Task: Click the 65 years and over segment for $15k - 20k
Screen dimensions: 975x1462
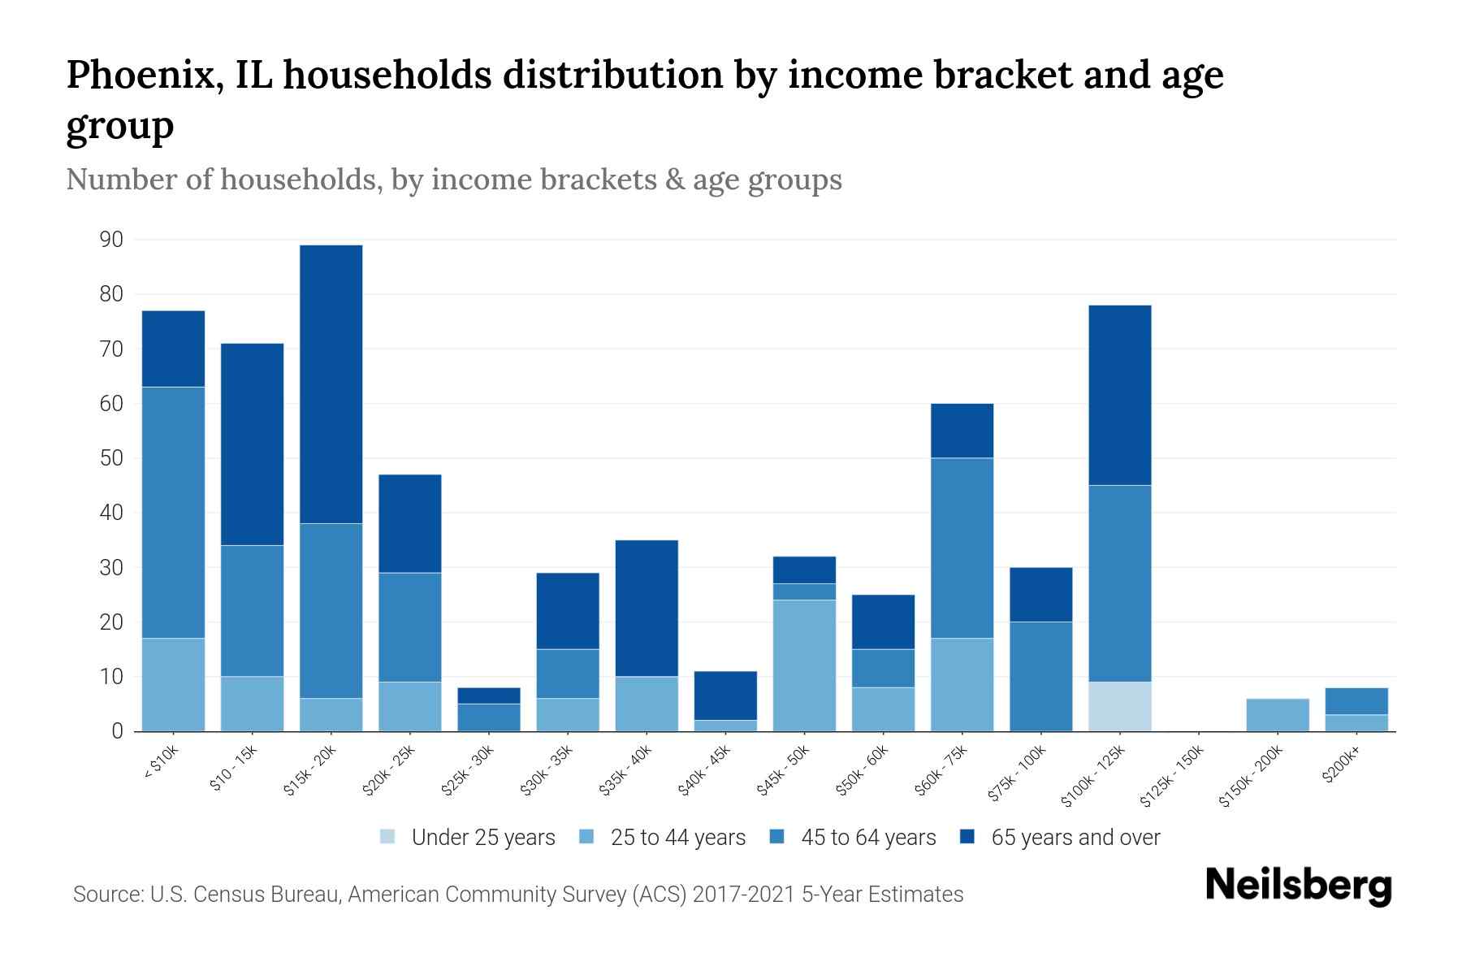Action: point(331,384)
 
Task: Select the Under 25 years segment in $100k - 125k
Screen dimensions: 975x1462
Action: point(1120,706)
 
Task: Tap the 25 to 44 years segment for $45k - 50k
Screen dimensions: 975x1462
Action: point(804,665)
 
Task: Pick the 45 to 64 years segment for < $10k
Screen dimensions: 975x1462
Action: point(173,513)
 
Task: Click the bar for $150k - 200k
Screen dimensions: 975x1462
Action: point(1278,715)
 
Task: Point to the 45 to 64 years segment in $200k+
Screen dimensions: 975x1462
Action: point(1356,701)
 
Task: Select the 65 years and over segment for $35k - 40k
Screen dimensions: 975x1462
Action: point(647,608)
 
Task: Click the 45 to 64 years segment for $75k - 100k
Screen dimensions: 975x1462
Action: point(1041,676)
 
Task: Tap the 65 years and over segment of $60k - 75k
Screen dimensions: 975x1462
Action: point(962,431)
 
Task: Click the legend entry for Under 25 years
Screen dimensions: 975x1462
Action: point(467,837)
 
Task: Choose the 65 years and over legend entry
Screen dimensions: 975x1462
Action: point(1060,837)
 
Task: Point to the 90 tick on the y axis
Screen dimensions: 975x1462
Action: point(111,240)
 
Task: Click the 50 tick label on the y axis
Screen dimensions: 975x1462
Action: point(111,458)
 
